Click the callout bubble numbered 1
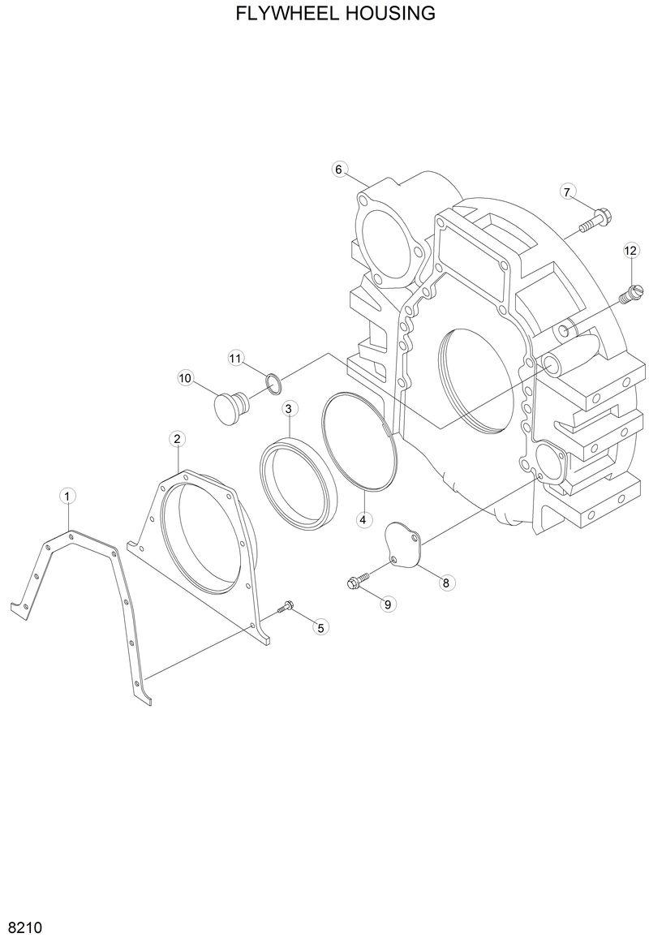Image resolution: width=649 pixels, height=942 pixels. tap(68, 495)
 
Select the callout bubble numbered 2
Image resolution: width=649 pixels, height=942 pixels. tap(177, 439)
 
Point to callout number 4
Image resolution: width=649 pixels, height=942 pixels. tap(363, 518)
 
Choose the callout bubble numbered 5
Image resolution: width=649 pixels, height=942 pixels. tap(320, 626)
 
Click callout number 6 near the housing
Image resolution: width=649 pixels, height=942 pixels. tap(340, 169)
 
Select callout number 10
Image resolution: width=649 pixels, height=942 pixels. tap(185, 377)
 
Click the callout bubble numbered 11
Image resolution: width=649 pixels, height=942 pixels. tap(235, 358)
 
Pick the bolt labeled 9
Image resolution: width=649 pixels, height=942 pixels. tap(356, 579)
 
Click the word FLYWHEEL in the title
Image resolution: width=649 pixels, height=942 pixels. tap(286, 14)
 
